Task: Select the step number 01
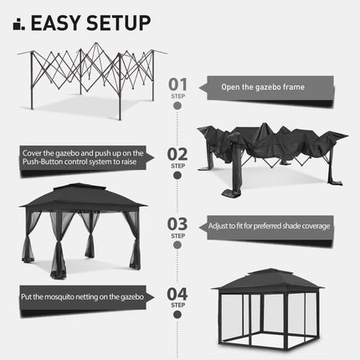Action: pyautogui.click(x=177, y=84)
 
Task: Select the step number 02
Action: pyautogui.click(x=177, y=154)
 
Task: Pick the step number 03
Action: pyautogui.click(x=177, y=224)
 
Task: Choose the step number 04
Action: pyautogui.click(x=177, y=293)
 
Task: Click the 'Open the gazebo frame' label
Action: pyautogui.click(x=264, y=86)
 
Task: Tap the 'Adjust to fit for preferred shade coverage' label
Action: pyautogui.click(x=269, y=226)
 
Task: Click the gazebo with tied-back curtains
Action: pyautogui.click(x=81, y=226)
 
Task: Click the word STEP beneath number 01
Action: pyautogui.click(x=177, y=96)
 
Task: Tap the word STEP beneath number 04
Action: pyautogui.click(x=177, y=306)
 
